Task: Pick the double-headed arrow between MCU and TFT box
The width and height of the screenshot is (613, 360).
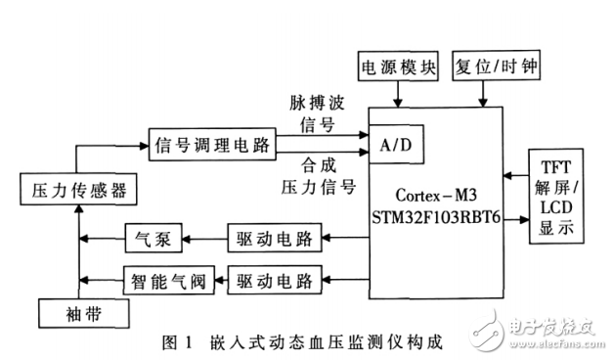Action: click(514, 177)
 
